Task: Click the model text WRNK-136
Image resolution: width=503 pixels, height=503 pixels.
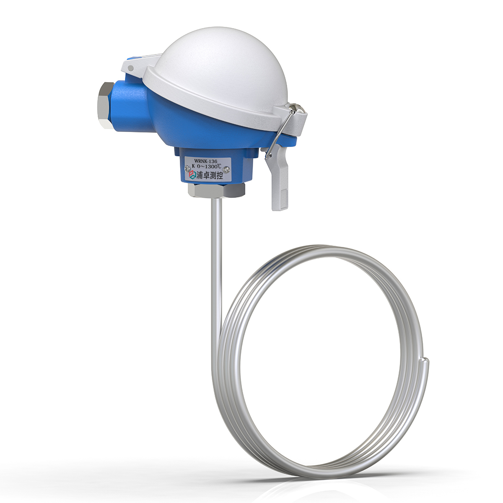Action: coord(206,160)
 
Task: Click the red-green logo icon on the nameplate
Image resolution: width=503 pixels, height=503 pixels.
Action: coord(192,176)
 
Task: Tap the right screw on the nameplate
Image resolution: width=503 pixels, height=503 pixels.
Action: coord(227,169)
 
